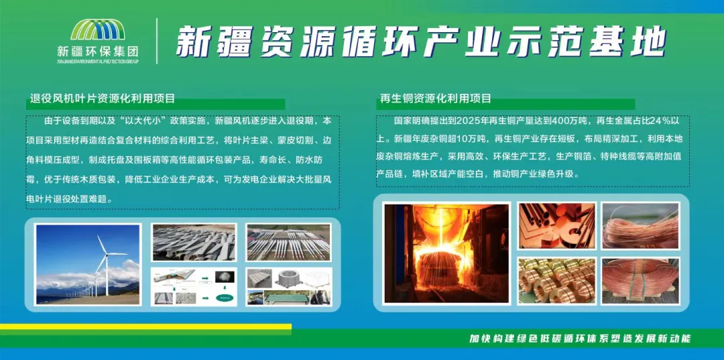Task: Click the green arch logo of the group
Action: point(97,29)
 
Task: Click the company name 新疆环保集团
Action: point(98,50)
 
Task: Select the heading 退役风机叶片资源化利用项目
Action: point(103,99)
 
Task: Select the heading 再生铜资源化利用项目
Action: point(436,99)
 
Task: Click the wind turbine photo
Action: point(88,264)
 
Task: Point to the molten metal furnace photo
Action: point(447,253)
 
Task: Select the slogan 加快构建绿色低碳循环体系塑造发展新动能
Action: point(579,339)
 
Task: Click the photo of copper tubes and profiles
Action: point(557,226)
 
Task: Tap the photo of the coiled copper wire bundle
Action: point(640,226)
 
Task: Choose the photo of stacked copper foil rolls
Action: point(557,281)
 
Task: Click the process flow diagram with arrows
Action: point(194,287)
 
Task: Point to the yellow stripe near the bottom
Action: point(146,326)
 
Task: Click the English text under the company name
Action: point(98,61)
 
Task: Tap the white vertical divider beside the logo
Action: point(157,41)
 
